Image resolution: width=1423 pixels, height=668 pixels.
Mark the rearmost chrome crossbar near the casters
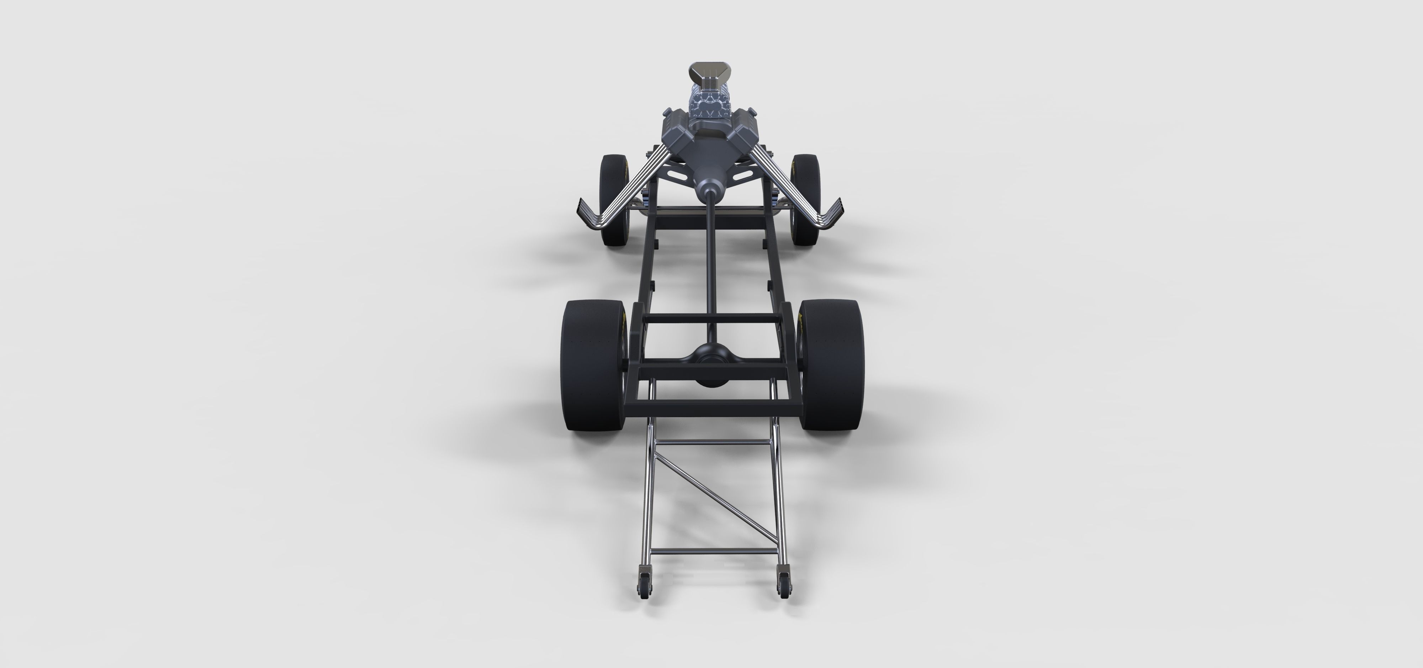pyautogui.click(x=713, y=553)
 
